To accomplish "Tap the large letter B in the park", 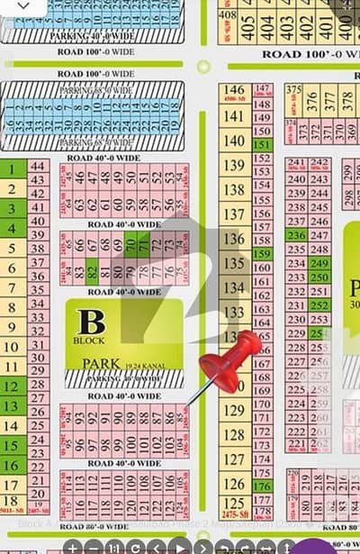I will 90,322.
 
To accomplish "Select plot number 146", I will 233,91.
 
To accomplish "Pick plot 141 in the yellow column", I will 233,116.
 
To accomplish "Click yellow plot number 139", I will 233,165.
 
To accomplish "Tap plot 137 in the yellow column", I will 233,213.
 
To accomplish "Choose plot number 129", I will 233,410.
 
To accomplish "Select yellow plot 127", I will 233,459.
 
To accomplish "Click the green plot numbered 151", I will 262,145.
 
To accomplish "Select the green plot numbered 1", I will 12,168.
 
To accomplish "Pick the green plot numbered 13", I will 12,405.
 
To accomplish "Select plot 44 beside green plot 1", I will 38,166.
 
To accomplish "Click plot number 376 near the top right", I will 310,100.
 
